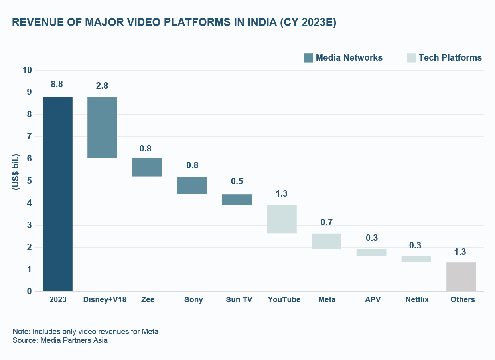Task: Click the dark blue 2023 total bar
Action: pyautogui.click(x=57, y=194)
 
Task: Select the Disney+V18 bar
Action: pyautogui.click(x=102, y=128)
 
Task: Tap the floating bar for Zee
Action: pyautogui.click(x=147, y=167)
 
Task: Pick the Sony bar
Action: pyautogui.click(x=192, y=185)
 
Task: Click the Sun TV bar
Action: pyautogui.click(x=237, y=199)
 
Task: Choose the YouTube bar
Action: pyautogui.click(x=282, y=219)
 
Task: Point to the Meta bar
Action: pyautogui.click(x=326, y=241)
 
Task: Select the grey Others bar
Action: pyautogui.click(x=461, y=277)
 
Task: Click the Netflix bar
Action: pyautogui.click(x=416, y=259)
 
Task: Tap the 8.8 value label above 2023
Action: pyautogui.click(x=57, y=84)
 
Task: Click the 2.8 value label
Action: pyautogui.click(x=102, y=86)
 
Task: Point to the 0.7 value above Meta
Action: pyautogui.click(x=326, y=222)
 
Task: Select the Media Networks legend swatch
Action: pyautogui.click(x=308, y=58)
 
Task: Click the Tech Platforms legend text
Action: pyautogui.click(x=450, y=58)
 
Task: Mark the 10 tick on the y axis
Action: pyautogui.click(x=27, y=70)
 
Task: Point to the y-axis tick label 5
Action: pyautogui.click(x=29, y=181)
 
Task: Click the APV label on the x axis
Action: pyautogui.click(x=373, y=300)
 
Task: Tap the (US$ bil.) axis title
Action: pyautogui.click(x=16, y=171)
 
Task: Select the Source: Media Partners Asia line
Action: pyautogui.click(x=60, y=340)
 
